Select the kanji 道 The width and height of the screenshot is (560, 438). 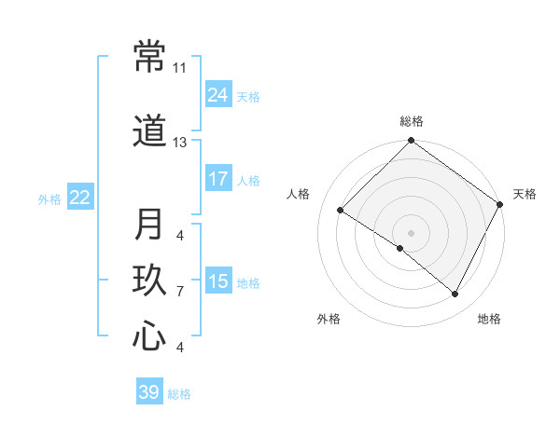tap(149, 132)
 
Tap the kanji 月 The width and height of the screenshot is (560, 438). tap(149, 225)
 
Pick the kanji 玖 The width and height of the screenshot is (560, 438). tap(149, 281)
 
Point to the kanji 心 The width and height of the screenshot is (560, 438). tap(149, 336)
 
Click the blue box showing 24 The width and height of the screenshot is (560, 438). tap(218, 95)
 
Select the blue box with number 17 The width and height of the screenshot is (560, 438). tap(218, 179)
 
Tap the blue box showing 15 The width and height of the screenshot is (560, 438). tap(218, 281)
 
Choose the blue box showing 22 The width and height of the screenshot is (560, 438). tap(80, 198)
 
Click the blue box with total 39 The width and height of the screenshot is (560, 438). tap(149, 392)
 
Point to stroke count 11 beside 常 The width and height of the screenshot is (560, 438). tap(179, 68)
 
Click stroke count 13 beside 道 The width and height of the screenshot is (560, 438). tap(179, 143)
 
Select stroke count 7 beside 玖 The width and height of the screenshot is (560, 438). tap(179, 292)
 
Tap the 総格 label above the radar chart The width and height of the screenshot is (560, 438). tap(412, 122)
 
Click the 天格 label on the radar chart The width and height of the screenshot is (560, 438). tap(525, 194)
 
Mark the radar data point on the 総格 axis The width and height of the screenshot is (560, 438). tap(411, 142)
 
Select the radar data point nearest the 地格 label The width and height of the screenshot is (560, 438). tap(455, 294)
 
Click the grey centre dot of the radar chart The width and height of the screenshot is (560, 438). tap(411, 232)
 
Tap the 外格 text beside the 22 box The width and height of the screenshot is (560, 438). tap(49, 198)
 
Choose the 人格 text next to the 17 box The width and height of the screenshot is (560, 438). tap(248, 180)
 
